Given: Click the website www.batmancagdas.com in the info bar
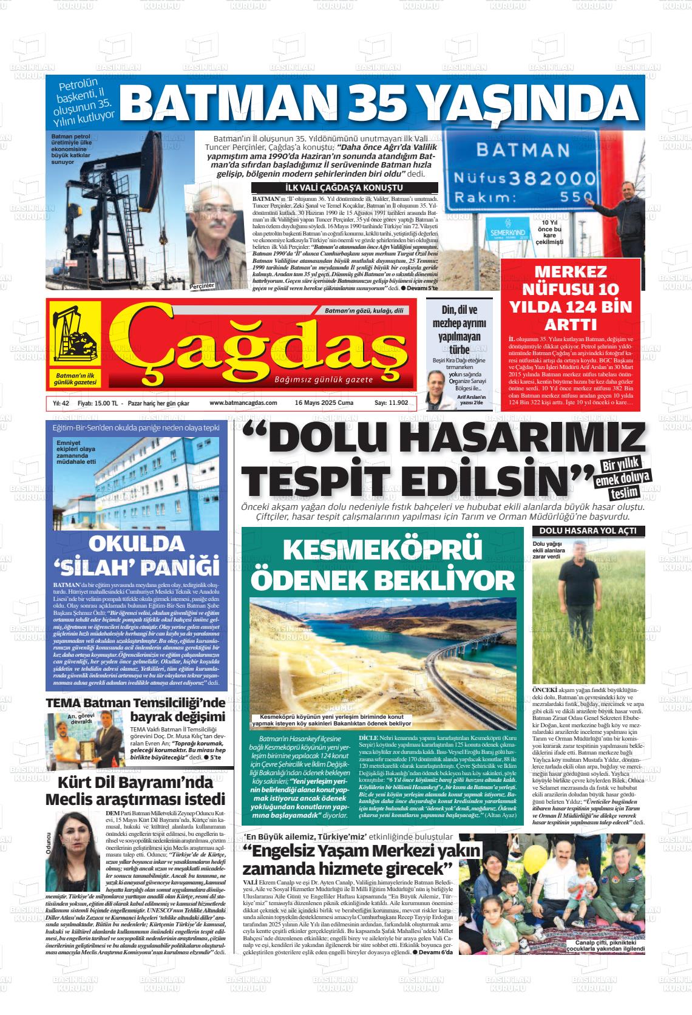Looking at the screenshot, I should point(243,403).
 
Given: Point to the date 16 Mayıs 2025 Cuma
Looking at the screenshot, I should point(324,403).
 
